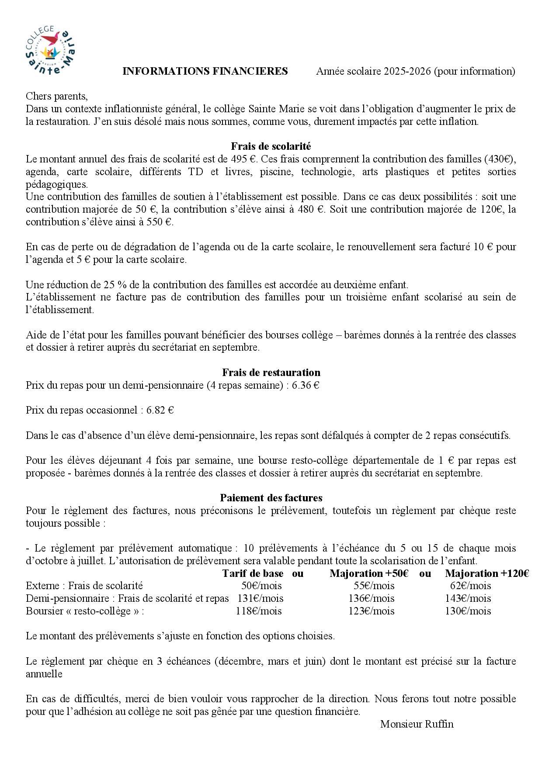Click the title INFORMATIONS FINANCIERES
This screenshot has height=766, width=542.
pyautogui.click(x=205, y=71)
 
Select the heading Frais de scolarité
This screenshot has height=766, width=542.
pyautogui.click(x=271, y=146)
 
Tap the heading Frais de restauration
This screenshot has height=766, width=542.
pyautogui.click(x=271, y=373)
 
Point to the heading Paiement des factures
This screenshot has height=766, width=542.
pyautogui.click(x=271, y=498)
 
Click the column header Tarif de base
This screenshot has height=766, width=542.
pyautogui.click(x=253, y=573)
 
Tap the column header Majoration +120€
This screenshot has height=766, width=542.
pyautogui.click(x=487, y=573)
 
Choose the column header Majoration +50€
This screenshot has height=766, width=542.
pyautogui.click(x=369, y=573)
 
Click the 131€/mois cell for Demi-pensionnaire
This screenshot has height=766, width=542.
pyautogui.click(x=260, y=598)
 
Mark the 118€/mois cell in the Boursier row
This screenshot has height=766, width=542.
pyautogui.click(x=258, y=611)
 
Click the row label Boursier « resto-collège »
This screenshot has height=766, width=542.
pyautogui.click(x=85, y=611)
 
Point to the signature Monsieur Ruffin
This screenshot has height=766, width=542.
pyautogui.click(x=417, y=724)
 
